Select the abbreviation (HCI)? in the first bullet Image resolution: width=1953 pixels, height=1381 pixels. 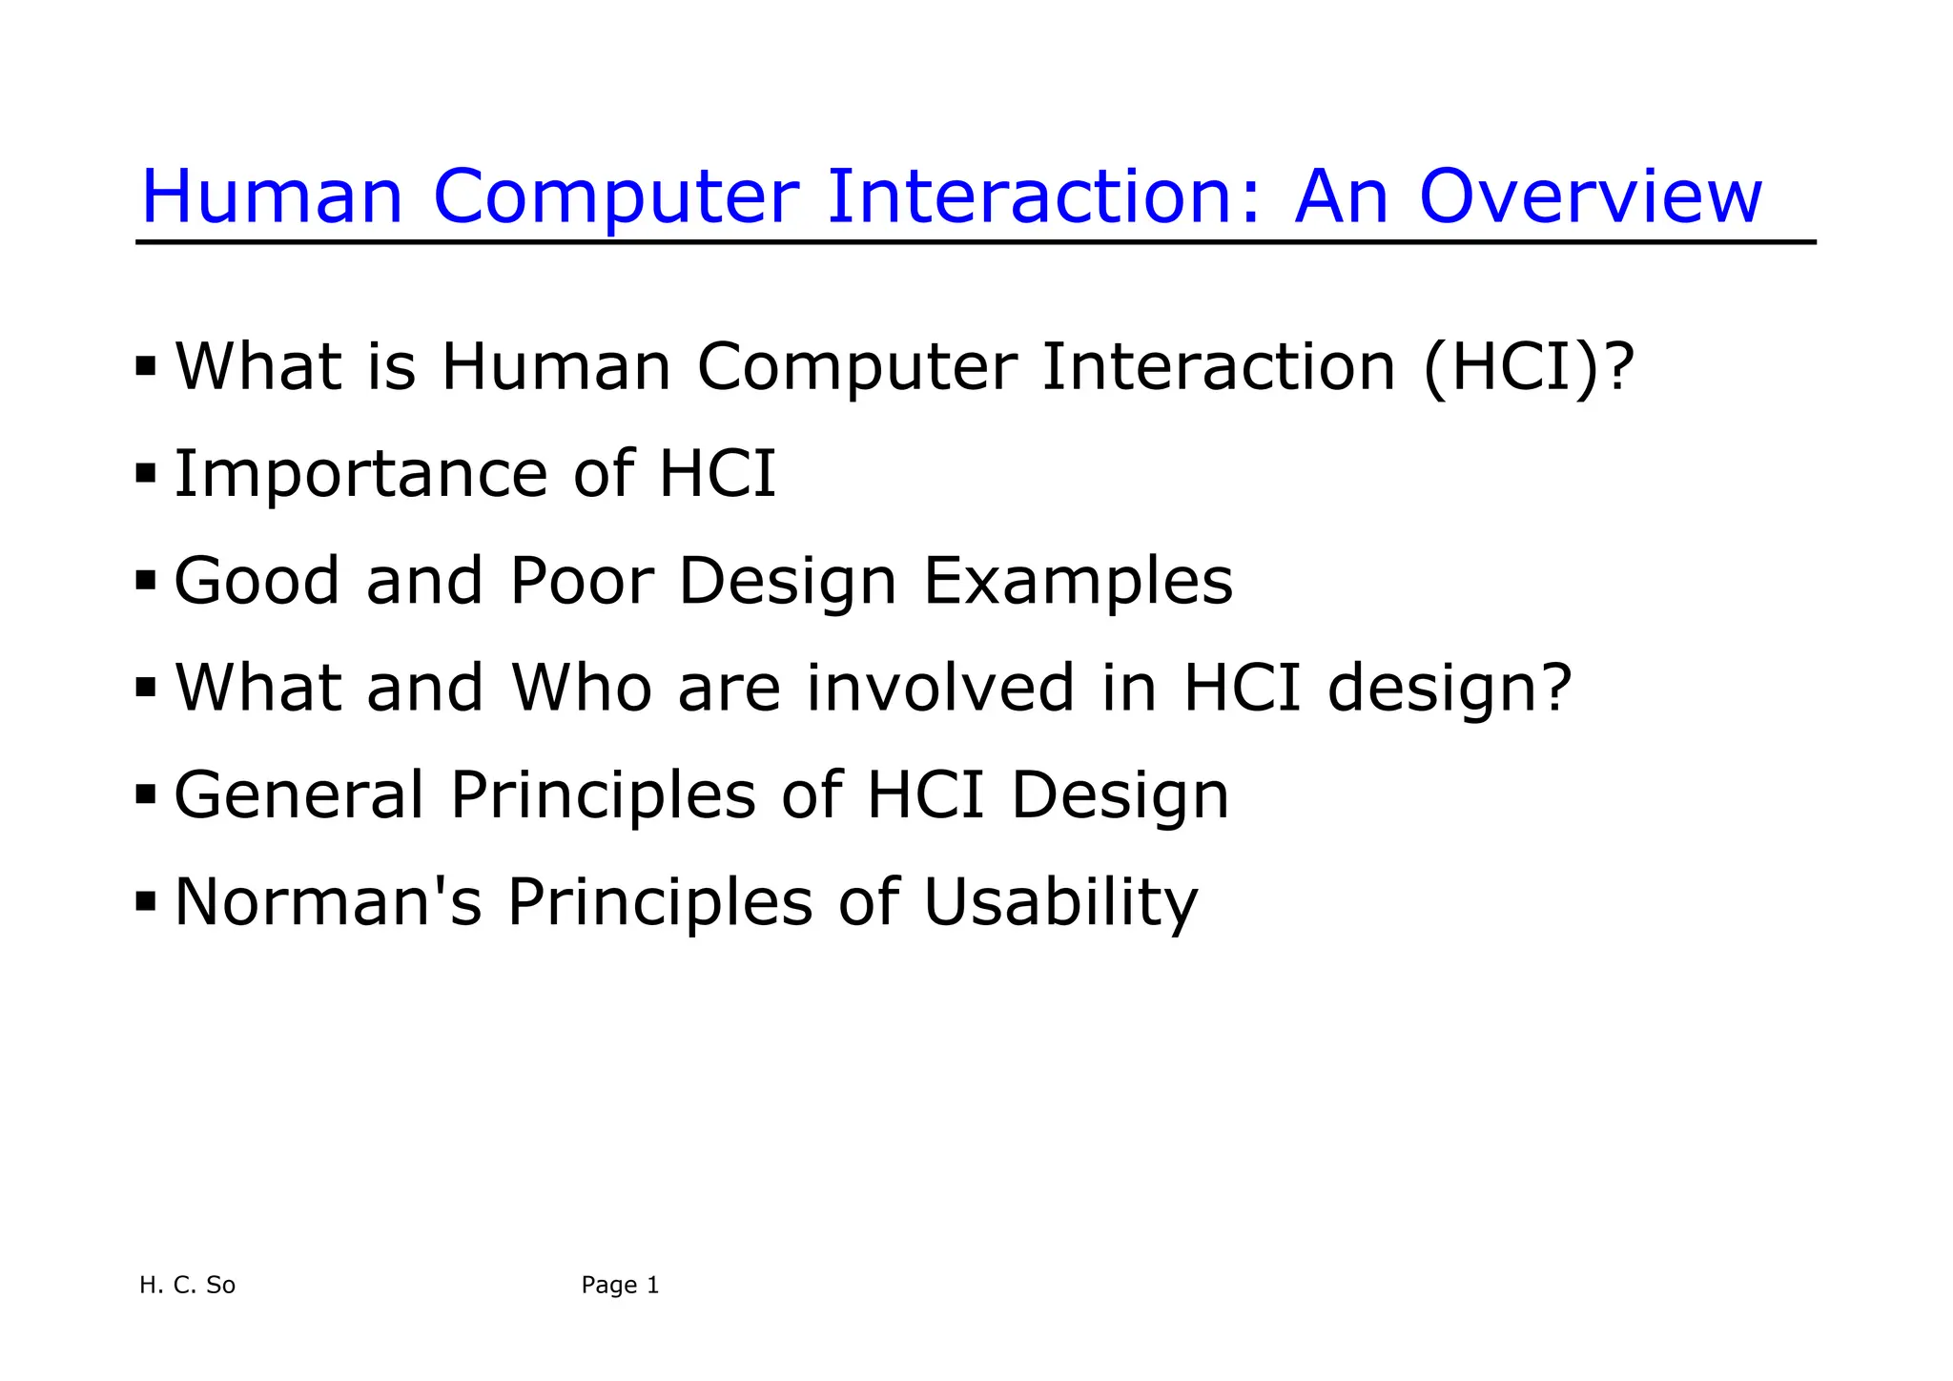[1528, 367]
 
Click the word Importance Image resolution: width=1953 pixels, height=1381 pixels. [360, 474]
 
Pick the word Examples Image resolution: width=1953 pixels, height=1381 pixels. [1078, 581]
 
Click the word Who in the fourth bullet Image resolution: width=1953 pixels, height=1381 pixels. [582, 688]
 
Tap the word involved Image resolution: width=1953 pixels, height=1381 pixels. [940, 688]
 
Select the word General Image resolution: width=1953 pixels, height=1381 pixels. [298, 794]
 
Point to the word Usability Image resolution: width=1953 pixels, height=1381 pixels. [1059, 901]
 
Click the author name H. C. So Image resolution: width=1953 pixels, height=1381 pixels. [187, 1285]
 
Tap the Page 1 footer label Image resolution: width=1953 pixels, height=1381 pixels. [620, 1285]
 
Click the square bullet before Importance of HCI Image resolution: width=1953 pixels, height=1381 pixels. [145, 472]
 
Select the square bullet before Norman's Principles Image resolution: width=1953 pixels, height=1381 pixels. [145, 899]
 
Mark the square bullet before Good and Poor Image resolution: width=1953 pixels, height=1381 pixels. [145, 579]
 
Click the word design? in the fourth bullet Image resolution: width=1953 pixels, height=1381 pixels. [1449, 688]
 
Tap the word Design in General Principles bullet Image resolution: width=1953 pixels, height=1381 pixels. [1120, 794]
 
